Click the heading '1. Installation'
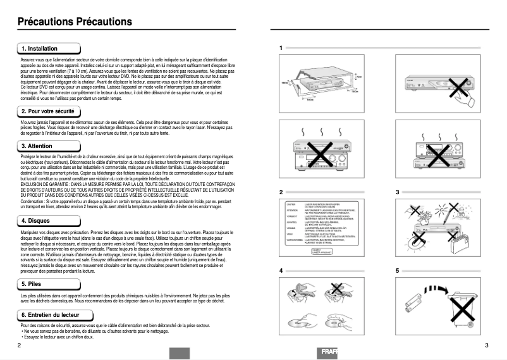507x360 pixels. pos(39,49)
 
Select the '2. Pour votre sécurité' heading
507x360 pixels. pos(48,111)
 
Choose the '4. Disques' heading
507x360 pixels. pos(35,221)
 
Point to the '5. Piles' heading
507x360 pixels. pos(32,285)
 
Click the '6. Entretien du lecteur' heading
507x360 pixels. pos(50,314)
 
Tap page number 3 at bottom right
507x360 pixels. pos(486,345)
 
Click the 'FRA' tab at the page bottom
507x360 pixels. pos(329,352)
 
